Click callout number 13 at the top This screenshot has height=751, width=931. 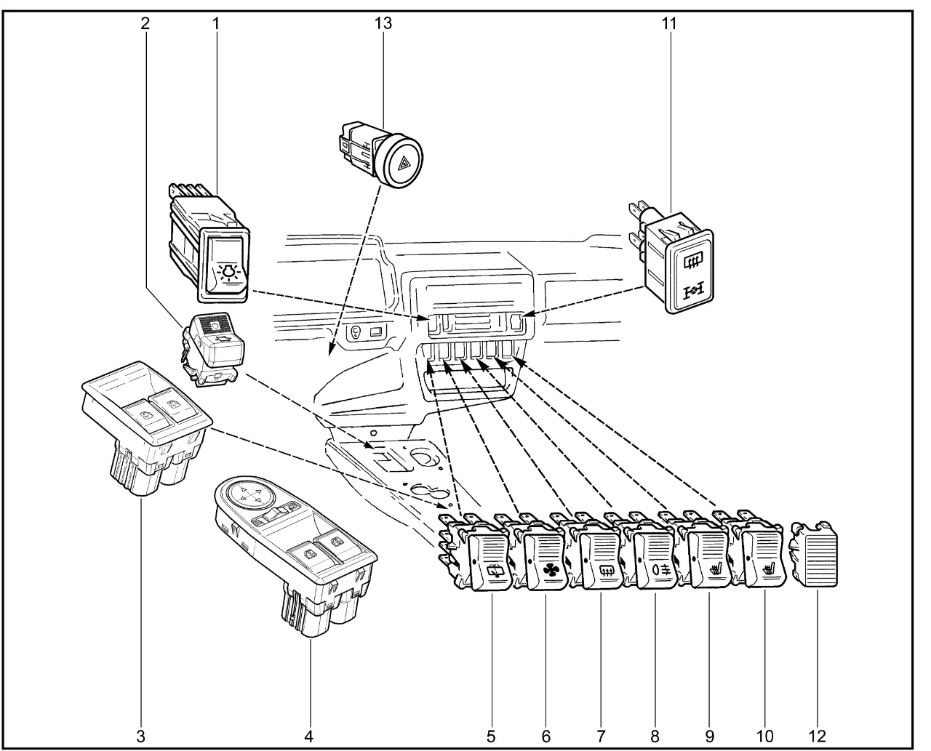click(383, 23)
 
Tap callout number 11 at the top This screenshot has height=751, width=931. click(668, 23)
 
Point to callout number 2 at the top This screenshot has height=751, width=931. click(145, 23)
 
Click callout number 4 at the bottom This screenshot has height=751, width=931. click(308, 736)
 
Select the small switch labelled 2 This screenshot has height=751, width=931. click(213, 342)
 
